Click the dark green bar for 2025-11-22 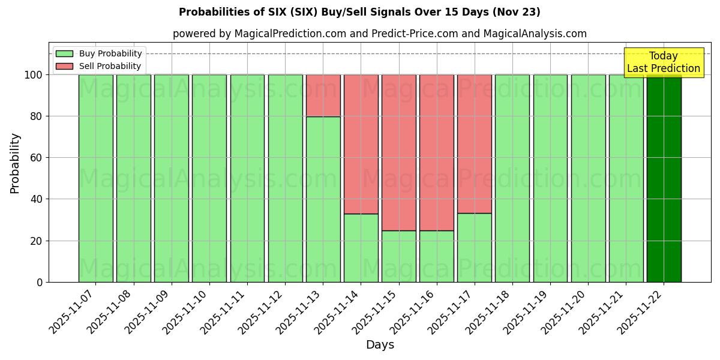click(x=664, y=178)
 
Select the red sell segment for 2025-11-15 click(x=399, y=152)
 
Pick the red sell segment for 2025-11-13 click(x=323, y=95)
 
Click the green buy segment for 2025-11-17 click(x=475, y=247)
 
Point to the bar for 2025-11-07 click(x=96, y=178)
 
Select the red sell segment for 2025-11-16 click(x=437, y=152)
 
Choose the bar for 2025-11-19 click(x=550, y=178)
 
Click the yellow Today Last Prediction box click(x=663, y=62)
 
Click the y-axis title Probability click(x=15, y=163)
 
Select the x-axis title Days click(x=380, y=345)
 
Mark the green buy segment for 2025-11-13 click(x=323, y=199)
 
